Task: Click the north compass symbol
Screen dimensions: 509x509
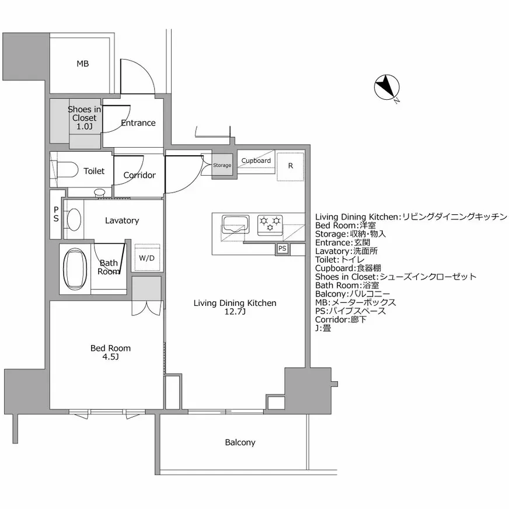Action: pos(386,88)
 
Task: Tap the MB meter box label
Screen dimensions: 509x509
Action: pos(82,64)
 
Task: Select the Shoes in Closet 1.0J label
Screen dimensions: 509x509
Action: pos(84,118)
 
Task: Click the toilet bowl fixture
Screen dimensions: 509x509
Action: pos(68,170)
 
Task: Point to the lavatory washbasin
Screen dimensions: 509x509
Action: pos(74,221)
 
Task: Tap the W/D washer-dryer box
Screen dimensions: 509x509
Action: pos(147,258)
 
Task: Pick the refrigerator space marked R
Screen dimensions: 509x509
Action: pos(290,166)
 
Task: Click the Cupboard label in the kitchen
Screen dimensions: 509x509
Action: pos(256,161)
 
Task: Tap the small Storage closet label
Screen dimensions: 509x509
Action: pos(222,165)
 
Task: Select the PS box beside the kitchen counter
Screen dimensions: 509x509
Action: pos(283,249)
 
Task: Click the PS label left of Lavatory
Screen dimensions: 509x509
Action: pos(56,214)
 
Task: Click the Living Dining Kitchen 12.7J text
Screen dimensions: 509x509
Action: pos(235,307)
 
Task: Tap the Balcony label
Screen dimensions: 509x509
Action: pos(240,442)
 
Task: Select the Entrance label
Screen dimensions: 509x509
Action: pos(138,123)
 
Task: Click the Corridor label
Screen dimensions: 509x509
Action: pos(140,175)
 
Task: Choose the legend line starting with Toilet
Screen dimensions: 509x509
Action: pos(340,260)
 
